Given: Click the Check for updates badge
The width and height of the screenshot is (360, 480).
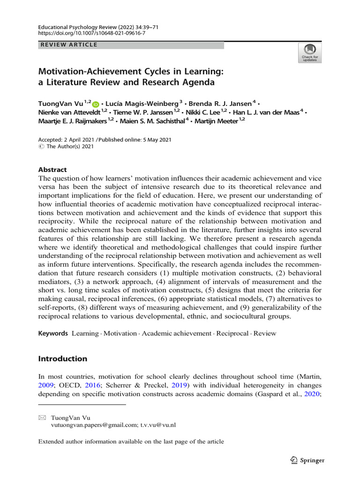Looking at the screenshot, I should click(310, 53).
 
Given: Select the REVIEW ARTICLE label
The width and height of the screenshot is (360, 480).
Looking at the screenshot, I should click(68, 45).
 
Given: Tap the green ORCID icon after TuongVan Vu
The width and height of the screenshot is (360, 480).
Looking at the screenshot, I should click(96, 104).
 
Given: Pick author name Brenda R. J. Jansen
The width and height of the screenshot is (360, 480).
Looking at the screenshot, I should click(221, 103).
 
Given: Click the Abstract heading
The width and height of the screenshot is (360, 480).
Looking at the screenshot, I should click(52, 170).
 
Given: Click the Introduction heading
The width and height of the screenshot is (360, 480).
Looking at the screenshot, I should click(62, 359).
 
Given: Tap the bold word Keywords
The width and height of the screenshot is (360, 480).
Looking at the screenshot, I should click(53, 333).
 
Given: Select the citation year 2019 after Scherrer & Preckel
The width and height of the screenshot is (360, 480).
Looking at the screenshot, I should click(179, 385).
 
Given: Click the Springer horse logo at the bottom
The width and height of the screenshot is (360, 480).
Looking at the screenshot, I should click(294, 460).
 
